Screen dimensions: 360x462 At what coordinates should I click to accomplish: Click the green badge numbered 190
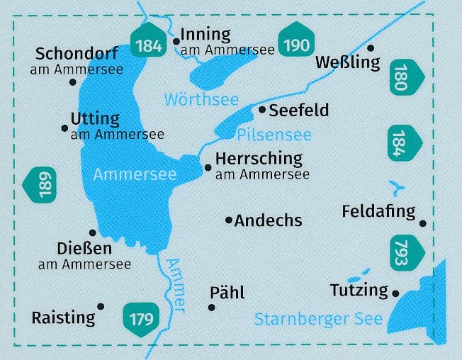click(296, 44)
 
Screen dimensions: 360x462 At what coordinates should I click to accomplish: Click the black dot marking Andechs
click(228, 220)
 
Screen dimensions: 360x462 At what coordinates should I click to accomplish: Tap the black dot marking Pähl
click(211, 307)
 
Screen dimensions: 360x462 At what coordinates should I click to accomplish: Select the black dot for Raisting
click(101, 306)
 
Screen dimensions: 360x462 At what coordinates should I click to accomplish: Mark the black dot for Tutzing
click(395, 293)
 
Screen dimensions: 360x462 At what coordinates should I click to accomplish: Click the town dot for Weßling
click(370, 47)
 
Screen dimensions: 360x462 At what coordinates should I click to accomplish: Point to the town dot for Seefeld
click(262, 110)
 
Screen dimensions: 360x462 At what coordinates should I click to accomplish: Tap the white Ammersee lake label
click(125, 174)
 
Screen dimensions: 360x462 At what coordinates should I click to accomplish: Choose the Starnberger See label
click(318, 319)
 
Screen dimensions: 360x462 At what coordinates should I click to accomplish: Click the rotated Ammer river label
click(175, 284)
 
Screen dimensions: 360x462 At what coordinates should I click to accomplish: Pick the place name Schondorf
click(77, 54)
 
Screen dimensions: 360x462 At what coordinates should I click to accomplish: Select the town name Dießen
click(84, 249)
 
